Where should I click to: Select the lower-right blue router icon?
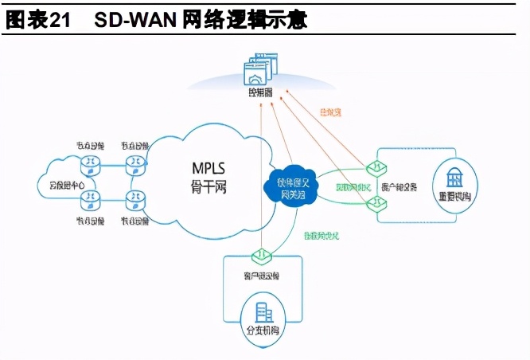coord(136,200)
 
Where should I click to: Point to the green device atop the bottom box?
coord(260,255)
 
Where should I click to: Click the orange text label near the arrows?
coord(329,112)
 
